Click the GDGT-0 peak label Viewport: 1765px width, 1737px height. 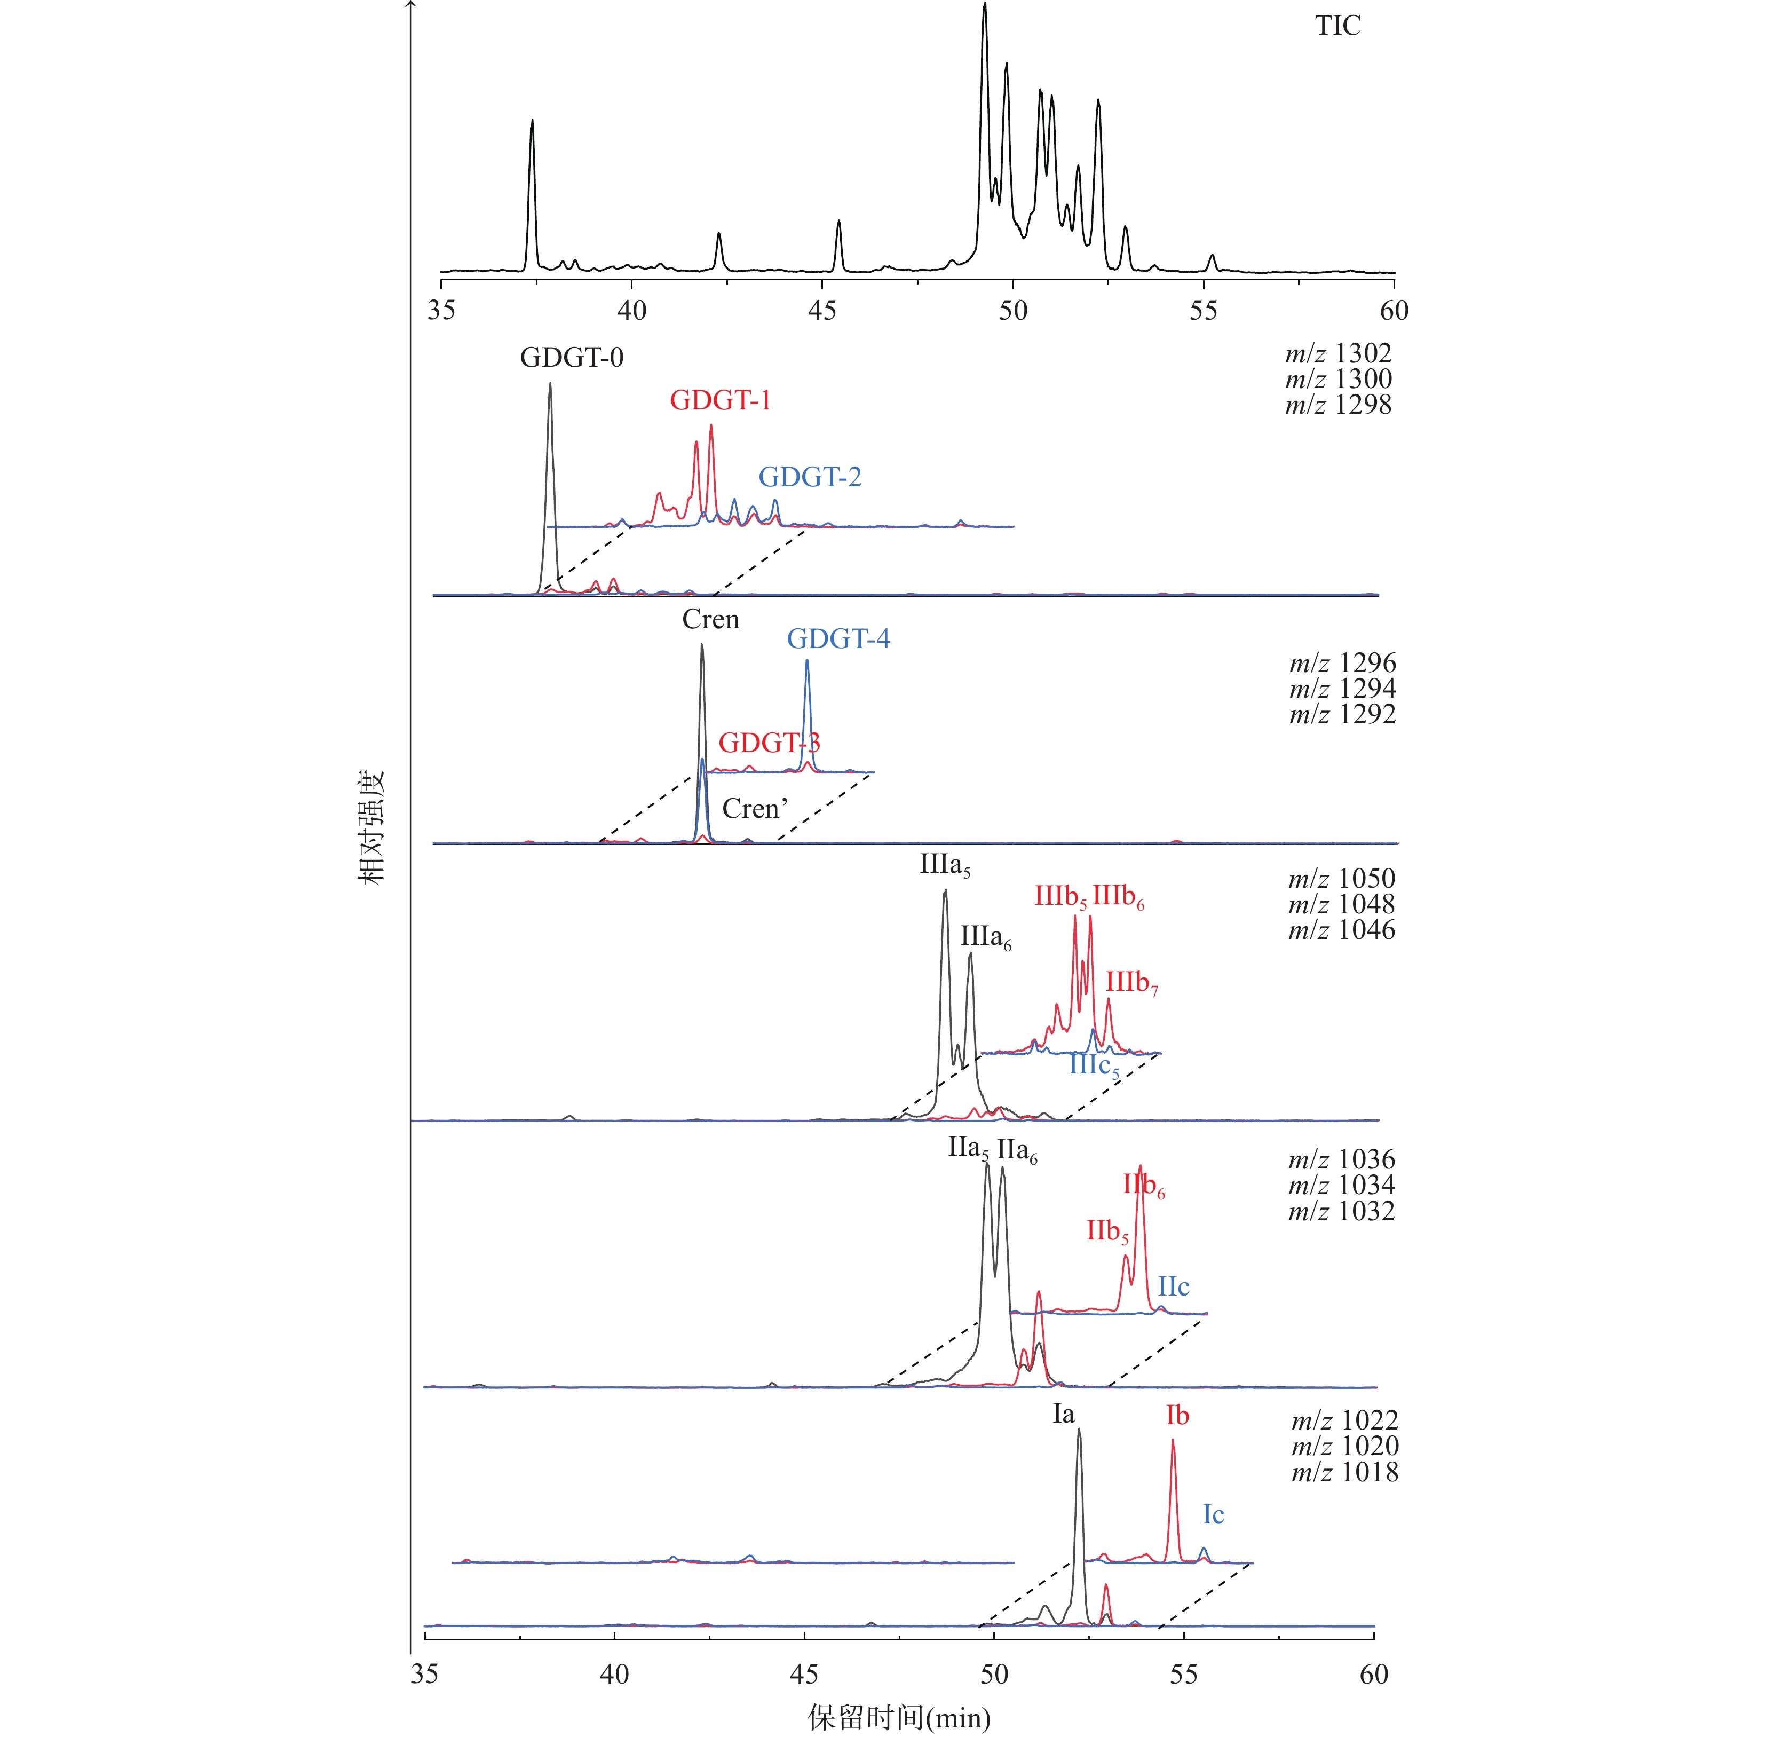click(x=572, y=358)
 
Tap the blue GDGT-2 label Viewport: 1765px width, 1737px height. click(x=810, y=477)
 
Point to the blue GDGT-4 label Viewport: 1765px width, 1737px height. click(x=838, y=638)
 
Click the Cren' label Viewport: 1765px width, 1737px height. click(x=754, y=808)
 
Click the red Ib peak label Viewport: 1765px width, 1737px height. click(x=1177, y=1416)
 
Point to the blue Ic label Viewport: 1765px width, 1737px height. click(x=1213, y=1514)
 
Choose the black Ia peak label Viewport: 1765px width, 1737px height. click(x=1064, y=1414)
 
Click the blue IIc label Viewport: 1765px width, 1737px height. click(x=1174, y=1286)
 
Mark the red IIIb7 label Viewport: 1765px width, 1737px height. click(x=1131, y=983)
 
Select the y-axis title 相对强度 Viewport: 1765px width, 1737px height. click(x=370, y=826)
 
